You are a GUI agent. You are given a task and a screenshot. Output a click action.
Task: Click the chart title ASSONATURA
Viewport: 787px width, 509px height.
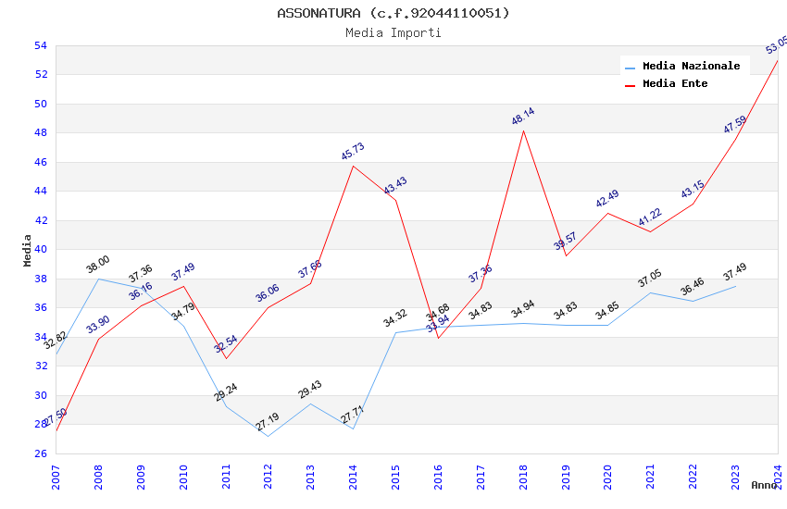(393, 13)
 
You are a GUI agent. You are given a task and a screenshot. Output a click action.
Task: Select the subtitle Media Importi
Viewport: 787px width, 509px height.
(393, 33)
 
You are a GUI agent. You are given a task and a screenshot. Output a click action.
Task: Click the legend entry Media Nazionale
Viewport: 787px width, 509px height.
(691, 66)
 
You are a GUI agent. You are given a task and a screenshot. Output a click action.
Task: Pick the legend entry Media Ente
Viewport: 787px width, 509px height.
(675, 83)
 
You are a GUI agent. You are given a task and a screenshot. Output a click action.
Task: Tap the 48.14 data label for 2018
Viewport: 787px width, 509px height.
(523, 117)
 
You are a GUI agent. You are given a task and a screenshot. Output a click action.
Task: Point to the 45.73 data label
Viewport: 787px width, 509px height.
(353, 152)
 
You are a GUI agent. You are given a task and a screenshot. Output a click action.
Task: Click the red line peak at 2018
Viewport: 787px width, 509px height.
(524, 130)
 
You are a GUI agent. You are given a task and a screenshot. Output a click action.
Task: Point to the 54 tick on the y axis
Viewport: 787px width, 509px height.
(41, 45)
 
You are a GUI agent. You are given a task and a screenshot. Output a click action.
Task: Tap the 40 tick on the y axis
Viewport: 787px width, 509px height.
(41, 250)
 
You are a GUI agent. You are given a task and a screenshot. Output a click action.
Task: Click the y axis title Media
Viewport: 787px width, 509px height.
(27, 250)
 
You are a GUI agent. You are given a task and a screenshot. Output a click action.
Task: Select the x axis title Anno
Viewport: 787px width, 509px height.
(764, 485)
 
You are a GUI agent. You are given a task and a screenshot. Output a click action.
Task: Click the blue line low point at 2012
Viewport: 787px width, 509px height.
(268, 436)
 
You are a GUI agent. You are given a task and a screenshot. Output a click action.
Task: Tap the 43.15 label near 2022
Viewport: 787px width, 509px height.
(693, 190)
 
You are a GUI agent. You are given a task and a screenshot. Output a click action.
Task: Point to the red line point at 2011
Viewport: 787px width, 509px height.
(226, 358)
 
